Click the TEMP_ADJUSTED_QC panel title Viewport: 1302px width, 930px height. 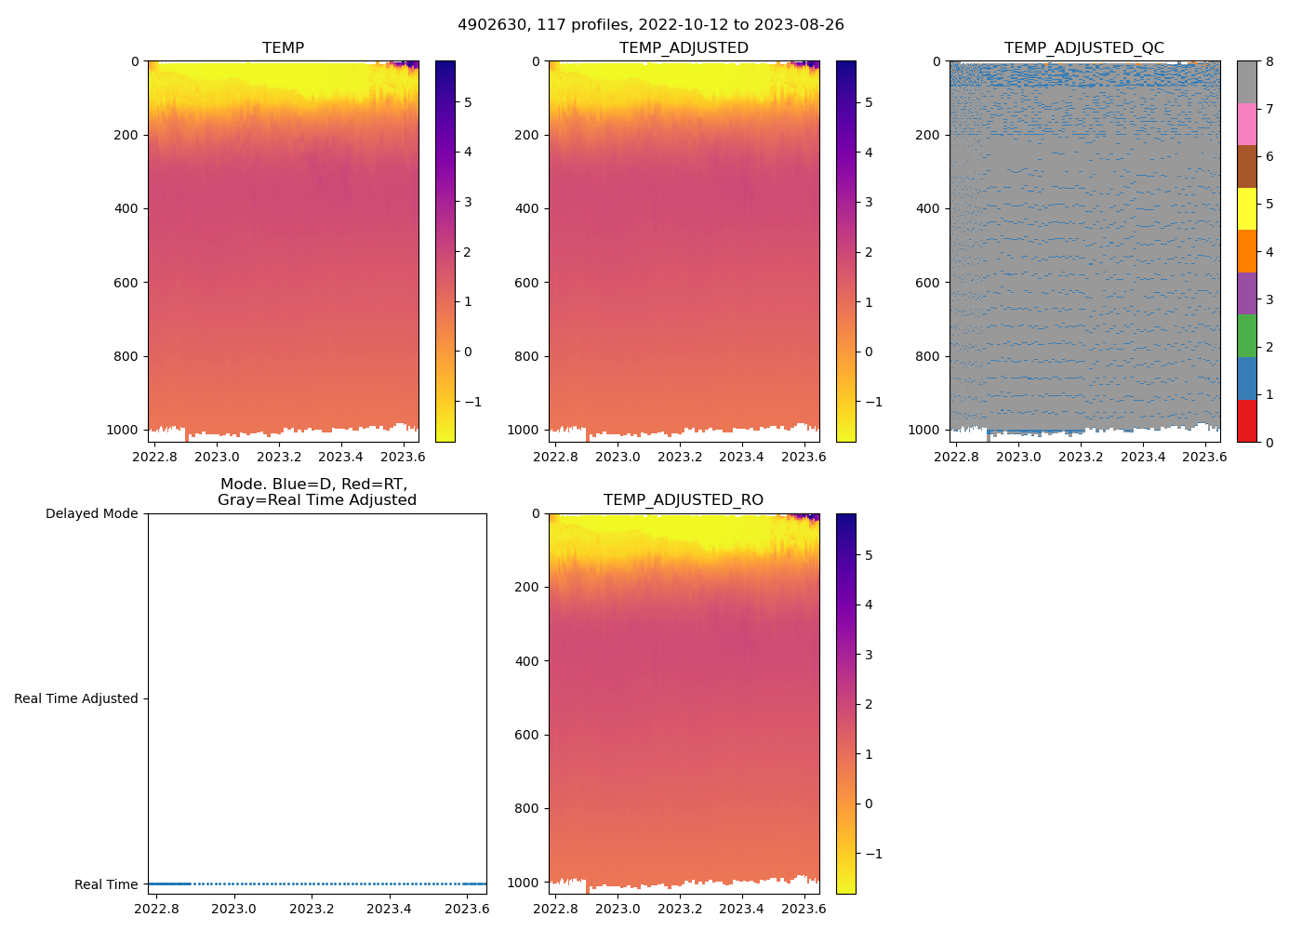[1084, 48]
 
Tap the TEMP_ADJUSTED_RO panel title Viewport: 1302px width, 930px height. [684, 500]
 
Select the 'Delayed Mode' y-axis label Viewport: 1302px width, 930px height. [91, 513]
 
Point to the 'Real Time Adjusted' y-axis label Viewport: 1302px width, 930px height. [75, 698]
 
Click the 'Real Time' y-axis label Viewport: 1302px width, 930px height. [106, 884]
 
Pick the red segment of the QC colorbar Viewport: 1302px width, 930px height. [1246, 421]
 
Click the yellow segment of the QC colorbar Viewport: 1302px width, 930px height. [1246, 209]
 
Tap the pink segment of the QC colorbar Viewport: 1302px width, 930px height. [1246, 125]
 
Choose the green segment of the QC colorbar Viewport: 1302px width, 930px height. [1246, 336]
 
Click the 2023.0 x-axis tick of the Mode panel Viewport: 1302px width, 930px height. [233, 909]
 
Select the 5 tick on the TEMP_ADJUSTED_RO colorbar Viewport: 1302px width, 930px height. [869, 555]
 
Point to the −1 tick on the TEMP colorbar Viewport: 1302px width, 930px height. [472, 402]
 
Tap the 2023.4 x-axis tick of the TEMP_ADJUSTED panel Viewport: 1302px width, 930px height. [741, 457]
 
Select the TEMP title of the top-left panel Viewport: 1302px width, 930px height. [283, 48]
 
